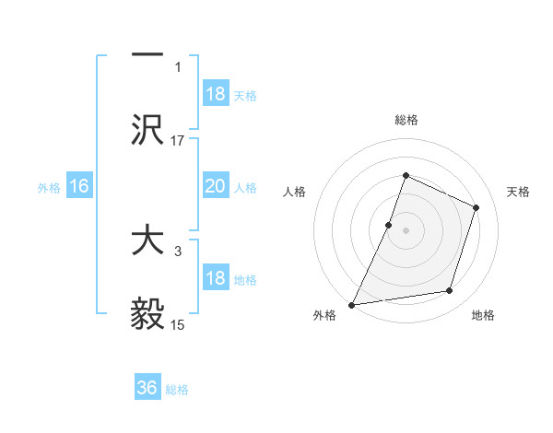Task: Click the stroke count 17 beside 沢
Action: pyautogui.click(x=177, y=140)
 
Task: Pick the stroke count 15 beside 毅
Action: pyautogui.click(x=177, y=324)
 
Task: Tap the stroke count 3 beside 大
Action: pyautogui.click(x=178, y=250)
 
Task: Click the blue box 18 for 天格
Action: pyautogui.click(x=216, y=93)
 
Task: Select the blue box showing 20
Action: pyautogui.click(x=216, y=186)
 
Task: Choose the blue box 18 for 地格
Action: pyautogui.click(x=216, y=279)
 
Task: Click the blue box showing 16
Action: pyautogui.click(x=79, y=186)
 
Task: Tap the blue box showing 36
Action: pyautogui.click(x=147, y=388)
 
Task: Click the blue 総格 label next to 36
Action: pyautogui.click(x=178, y=390)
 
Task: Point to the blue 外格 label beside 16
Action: pyautogui.click(x=49, y=187)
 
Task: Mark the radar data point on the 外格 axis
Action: pyautogui.click(x=351, y=305)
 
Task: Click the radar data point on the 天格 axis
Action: pyautogui.click(x=477, y=207)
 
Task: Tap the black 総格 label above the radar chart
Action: pyautogui.click(x=406, y=120)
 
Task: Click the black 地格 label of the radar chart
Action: pyautogui.click(x=483, y=316)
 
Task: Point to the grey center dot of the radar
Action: pyautogui.click(x=406, y=230)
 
